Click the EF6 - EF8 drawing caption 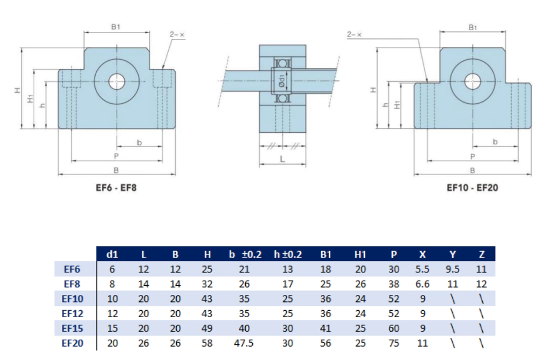(x=116, y=188)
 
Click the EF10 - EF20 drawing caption (x=472, y=188)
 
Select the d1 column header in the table (x=112, y=254)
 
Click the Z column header (x=481, y=254)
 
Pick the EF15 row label (x=72, y=328)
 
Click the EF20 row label (x=72, y=343)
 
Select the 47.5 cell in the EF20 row (x=246, y=343)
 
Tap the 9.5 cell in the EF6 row (x=453, y=269)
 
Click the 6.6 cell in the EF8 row (x=423, y=283)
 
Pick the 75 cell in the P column (x=394, y=343)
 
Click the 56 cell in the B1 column (x=326, y=343)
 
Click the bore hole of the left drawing (x=117, y=80)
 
